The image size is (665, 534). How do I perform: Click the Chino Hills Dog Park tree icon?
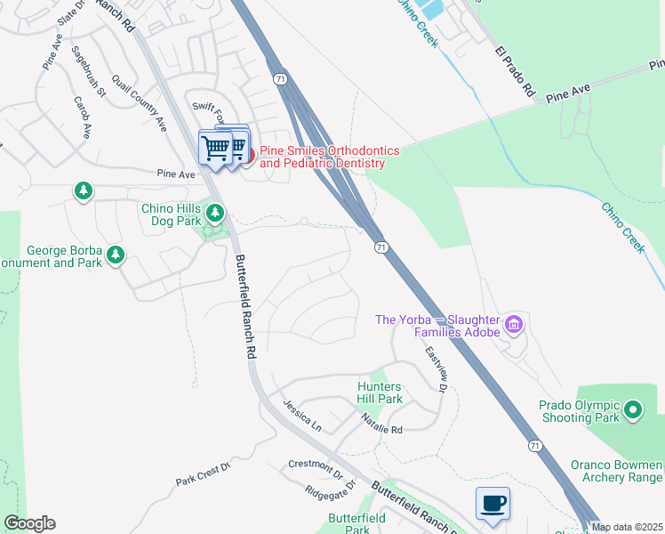click(x=215, y=214)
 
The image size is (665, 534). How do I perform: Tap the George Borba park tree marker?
click(x=115, y=256)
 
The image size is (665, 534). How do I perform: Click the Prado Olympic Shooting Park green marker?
click(x=632, y=410)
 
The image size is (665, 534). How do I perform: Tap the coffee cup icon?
click(x=493, y=505)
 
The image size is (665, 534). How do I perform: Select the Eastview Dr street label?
click(x=435, y=368)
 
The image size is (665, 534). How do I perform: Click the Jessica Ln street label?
click(x=301, y=416)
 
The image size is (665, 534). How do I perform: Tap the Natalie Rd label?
click(x=382, y=429)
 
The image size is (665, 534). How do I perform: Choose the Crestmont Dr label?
click(x=315, y=466)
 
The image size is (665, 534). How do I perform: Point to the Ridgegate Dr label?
click(x=330, y=489)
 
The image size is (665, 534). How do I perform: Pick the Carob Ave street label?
click(x=83, y=117)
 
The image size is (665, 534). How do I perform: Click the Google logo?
click(x=29, y=523)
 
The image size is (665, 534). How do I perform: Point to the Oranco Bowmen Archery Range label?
click(x=615, y=471)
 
